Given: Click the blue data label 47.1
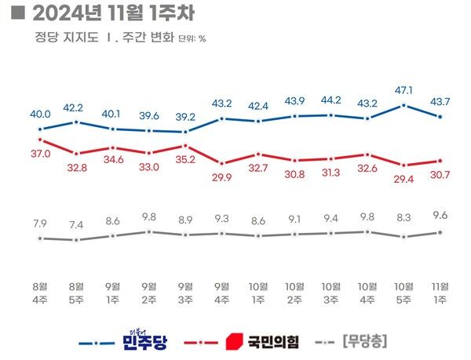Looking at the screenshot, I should tap(403, 90).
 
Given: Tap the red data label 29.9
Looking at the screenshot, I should tap(222, 178).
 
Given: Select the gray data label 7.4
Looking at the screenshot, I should tap(77, 225).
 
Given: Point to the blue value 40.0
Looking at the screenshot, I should tap(41, 114).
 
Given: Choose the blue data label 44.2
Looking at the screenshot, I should tap(330, 100).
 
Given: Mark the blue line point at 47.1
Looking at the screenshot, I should tap(403, 104).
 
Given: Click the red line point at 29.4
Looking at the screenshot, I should tap(403, 165).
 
